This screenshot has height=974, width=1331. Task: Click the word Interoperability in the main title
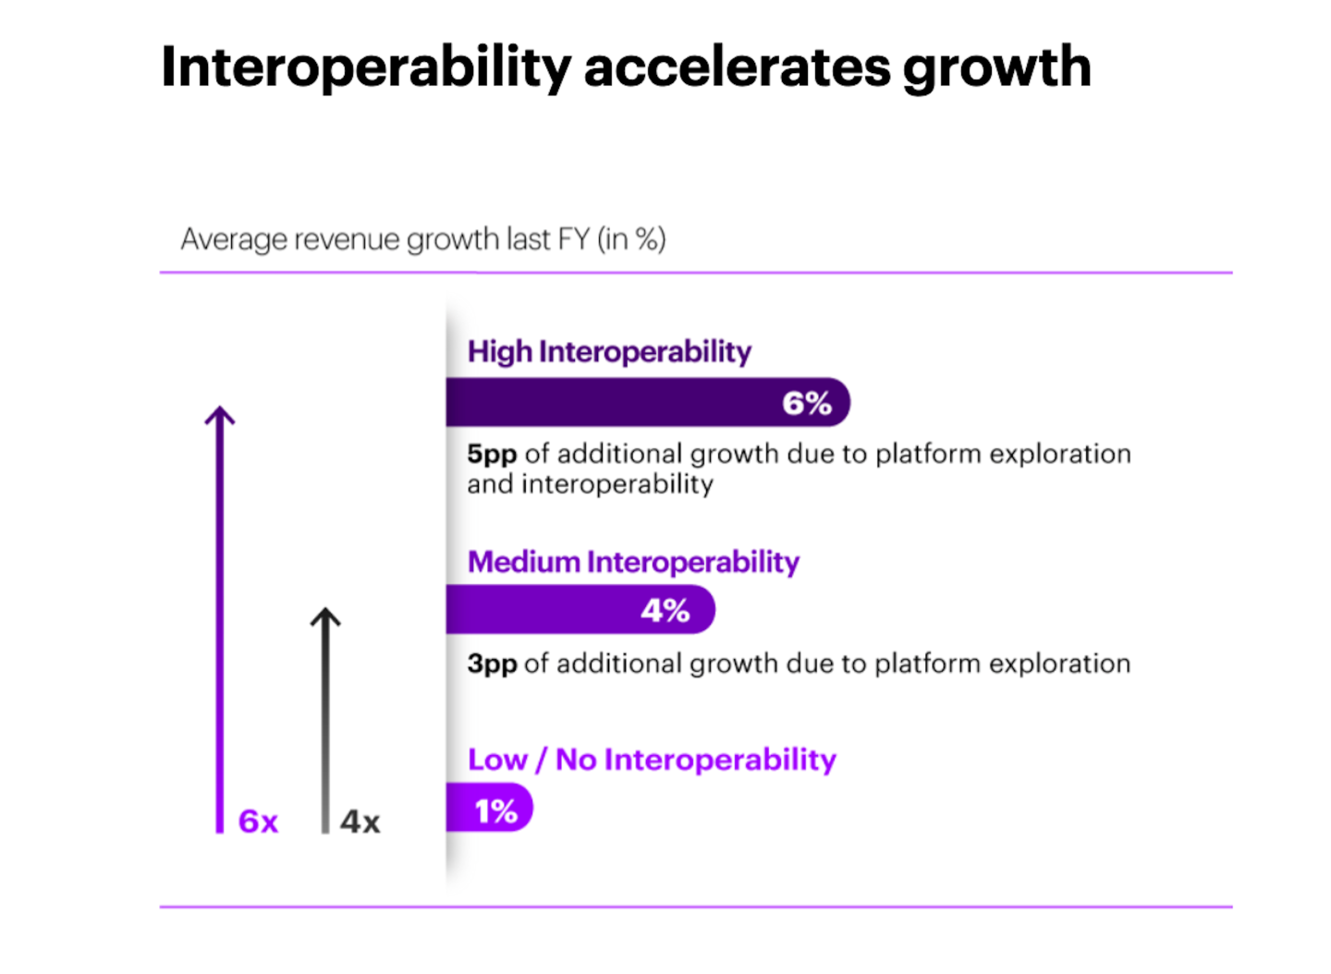click(366, 67)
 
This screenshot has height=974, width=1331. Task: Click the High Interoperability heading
click(609, 352)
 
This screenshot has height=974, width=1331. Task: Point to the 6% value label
click(806, 404)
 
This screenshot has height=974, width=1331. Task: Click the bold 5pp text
click(492, 455)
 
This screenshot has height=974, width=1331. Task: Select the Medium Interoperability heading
click(633, 562)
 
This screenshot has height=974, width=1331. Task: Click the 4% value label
click(665, 611)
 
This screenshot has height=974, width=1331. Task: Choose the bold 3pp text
click(492, 664)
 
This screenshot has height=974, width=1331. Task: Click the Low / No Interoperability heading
click(652, 760)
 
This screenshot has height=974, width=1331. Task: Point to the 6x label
click(258, 822)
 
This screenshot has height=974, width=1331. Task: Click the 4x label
click(360, 822)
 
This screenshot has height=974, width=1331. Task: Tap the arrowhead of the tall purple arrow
click(220, 415)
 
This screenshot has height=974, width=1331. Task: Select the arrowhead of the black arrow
click(325, 616)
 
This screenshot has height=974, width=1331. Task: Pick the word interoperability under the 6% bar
click(617, 485)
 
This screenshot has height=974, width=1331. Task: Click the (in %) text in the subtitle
click(631, 239)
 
